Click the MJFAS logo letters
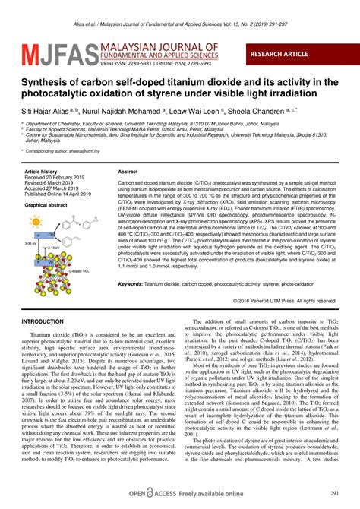(54, 54)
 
